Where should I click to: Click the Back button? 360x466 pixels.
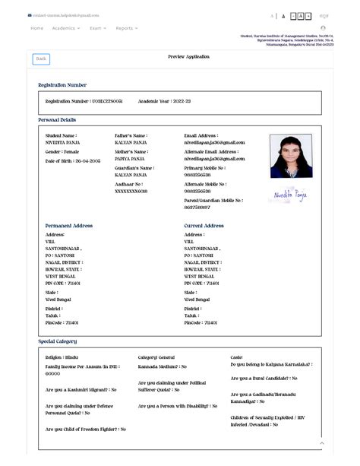point(41,59)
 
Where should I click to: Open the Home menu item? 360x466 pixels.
point(36,28)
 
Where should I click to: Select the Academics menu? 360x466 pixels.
point(65,28)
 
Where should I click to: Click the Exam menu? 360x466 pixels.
point(97,28)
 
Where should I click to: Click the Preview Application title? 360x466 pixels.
point(188,57)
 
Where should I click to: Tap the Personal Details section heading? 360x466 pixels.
point(57,120)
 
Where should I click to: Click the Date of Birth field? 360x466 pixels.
point(74,161)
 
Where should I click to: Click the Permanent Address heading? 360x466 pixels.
point(68,226)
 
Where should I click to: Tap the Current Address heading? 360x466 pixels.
point(204,226)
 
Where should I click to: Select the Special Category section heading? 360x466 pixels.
point(57,341)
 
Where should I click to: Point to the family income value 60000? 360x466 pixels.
point(53,374)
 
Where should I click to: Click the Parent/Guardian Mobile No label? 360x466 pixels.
point(213,201)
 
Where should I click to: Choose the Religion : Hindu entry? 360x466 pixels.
point(62,357)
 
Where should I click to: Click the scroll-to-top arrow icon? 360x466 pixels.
point(322,442)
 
